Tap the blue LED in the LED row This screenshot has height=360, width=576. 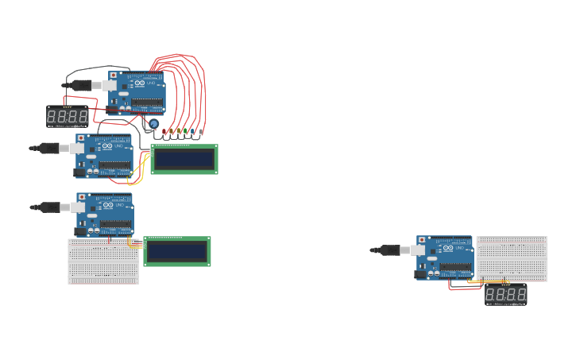[x=191, y=131]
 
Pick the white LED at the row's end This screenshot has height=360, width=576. [x=200, y=131]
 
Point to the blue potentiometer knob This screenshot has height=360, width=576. [x=153, y=124]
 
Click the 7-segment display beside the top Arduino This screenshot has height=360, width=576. [x=67, y=117]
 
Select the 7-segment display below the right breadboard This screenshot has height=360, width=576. [x=505, y=295]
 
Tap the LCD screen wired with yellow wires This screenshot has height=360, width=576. [x=184, y=159]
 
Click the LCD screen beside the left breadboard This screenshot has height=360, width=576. [x=177, y=251]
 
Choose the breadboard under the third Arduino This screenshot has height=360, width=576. [x=103, y=261]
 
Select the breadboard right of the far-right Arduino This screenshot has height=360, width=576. [x=512, y=258]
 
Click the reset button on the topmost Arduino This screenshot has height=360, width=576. [x=114, y=75]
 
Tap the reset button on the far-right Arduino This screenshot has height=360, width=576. [x=422, y=239]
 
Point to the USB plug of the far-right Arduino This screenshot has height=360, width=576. [x=390, y=250]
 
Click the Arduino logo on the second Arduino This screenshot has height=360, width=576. [x=107, y=147]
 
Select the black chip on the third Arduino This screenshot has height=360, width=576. [x=115, y=226]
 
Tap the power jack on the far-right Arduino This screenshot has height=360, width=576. [x=422, y=273]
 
